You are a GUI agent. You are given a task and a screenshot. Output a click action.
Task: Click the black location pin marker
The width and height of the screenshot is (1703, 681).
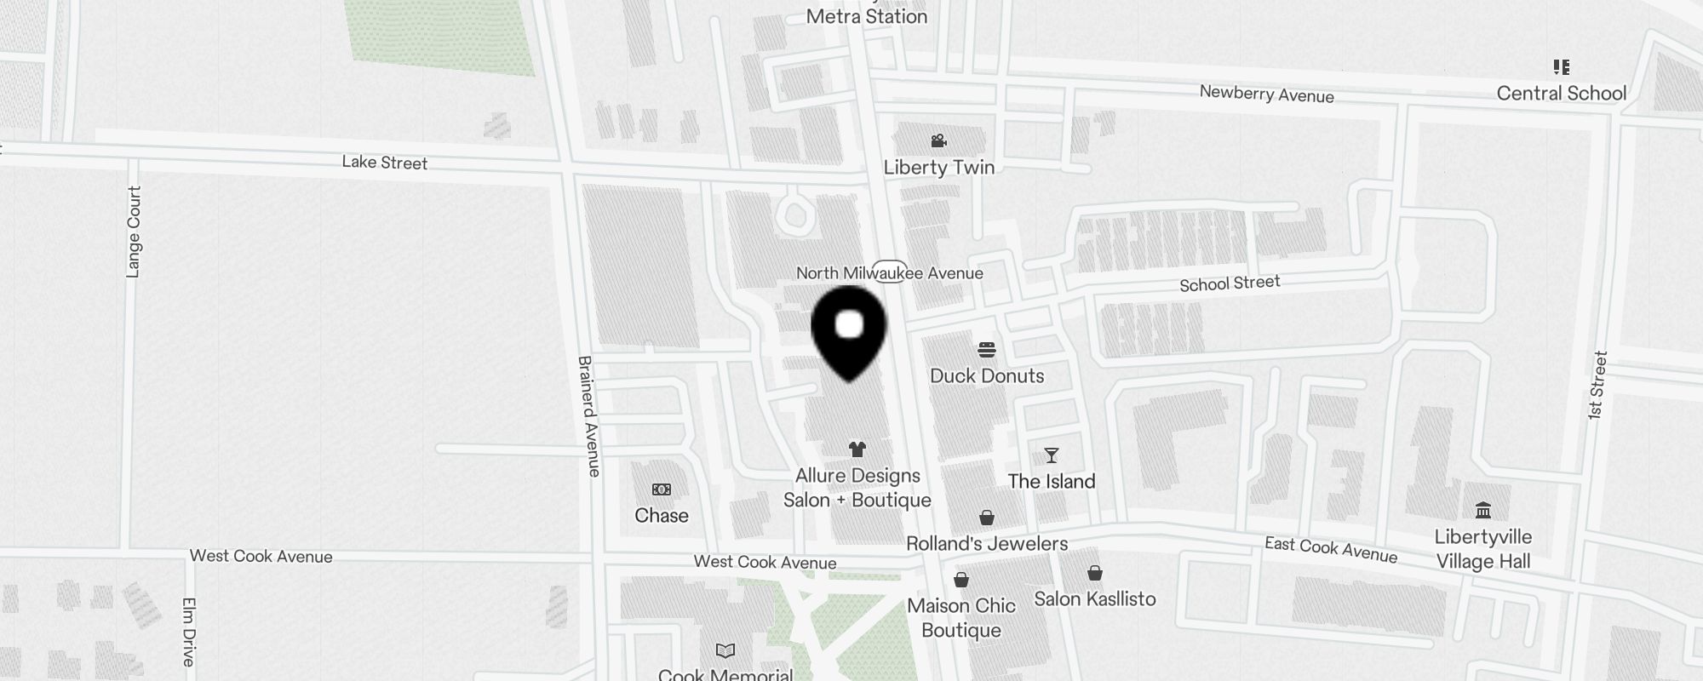[849, 331]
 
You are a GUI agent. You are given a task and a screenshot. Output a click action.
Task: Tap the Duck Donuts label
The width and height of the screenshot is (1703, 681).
[987, 376]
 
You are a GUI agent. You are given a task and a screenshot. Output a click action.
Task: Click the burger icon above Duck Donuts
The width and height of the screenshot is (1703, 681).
[987, 350]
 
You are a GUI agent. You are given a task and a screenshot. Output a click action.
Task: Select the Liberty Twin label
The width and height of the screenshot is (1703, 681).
[939, 168]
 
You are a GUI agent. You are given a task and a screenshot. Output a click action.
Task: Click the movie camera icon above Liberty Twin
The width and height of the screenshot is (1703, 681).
[939, 140]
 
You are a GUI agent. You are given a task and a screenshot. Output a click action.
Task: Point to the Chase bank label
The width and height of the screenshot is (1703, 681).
[662, 516]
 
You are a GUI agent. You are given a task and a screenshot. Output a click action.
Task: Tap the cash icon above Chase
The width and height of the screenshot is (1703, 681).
[662, 489]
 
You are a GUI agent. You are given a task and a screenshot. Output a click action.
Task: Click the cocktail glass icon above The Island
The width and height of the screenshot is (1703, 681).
[1052, 455]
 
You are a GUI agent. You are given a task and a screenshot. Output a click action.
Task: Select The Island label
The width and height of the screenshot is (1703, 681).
[1052, 482]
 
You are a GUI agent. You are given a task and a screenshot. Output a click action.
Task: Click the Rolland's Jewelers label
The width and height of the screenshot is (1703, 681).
[987, 544]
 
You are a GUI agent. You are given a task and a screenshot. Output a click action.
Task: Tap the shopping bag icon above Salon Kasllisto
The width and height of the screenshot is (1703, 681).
[1095, 573]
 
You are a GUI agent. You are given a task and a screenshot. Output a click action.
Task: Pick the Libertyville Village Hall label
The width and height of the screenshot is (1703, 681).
[1483, 549]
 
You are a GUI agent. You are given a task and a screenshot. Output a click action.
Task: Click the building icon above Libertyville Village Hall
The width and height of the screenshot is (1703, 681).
[1483, 510]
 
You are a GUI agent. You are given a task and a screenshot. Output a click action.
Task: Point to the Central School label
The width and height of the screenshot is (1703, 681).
[1562, 94]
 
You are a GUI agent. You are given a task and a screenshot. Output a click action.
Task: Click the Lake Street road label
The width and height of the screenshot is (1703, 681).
[385, 163]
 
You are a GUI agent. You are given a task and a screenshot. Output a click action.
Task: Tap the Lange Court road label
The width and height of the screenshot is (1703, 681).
[134, 232]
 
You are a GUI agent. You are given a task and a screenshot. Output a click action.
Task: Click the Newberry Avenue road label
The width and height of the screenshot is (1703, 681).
[1266, 94]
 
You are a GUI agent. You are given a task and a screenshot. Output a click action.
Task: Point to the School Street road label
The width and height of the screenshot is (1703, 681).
[1230, 283]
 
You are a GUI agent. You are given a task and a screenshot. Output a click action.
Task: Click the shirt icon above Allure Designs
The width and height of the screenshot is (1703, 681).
[857, 449]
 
